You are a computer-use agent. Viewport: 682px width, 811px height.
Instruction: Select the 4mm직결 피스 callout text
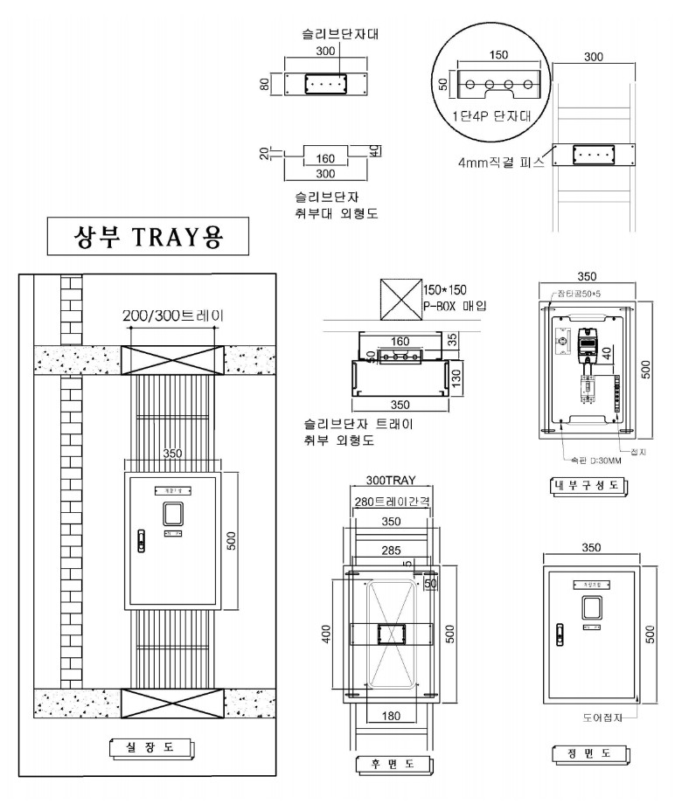(501, 162)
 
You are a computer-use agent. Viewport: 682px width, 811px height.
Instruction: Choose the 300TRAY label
(390, 482)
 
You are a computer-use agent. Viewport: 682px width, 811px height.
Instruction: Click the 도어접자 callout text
(602, 717)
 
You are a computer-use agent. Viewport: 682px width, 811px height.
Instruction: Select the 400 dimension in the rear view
(326, 634)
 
